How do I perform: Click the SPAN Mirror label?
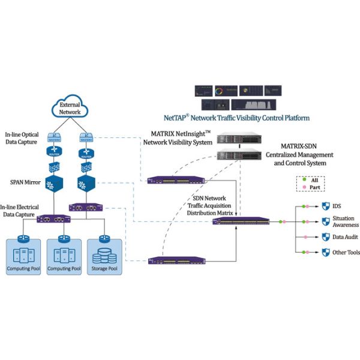coord(25,179)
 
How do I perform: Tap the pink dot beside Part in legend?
coord(305,188)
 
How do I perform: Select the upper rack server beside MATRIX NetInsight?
coord(236,137)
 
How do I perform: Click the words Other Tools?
coord(346,253)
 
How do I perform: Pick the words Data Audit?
coord(346,237)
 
